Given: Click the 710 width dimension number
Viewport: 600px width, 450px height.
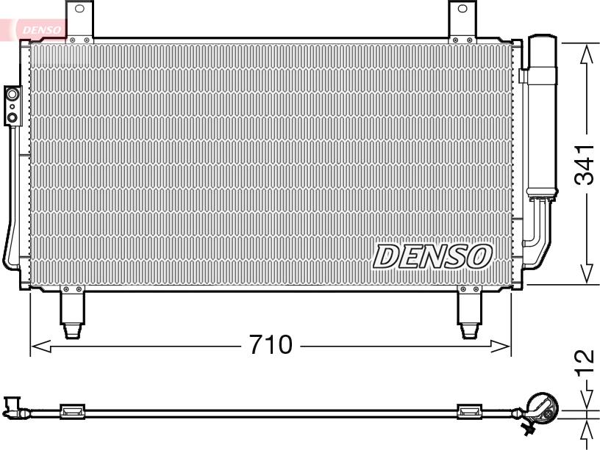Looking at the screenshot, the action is tap(271, 344).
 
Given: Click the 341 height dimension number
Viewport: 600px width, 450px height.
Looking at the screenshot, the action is tap(585, 164).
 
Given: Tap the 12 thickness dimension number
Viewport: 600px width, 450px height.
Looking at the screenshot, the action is tap(585, 362).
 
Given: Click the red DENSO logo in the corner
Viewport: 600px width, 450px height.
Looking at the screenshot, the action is tap(41, 29).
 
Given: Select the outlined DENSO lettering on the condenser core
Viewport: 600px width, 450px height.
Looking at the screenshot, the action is tap(432, 256).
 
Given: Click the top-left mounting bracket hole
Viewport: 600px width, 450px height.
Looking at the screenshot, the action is tap(79, 8).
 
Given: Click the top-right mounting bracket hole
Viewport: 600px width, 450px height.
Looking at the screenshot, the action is tap(462, 8).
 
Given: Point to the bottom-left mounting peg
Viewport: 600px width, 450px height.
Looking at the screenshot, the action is tap(72, 313).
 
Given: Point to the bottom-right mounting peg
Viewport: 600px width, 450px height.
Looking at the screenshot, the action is tap(470, 313).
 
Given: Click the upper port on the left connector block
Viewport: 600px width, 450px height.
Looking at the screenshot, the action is tap(12, 94).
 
